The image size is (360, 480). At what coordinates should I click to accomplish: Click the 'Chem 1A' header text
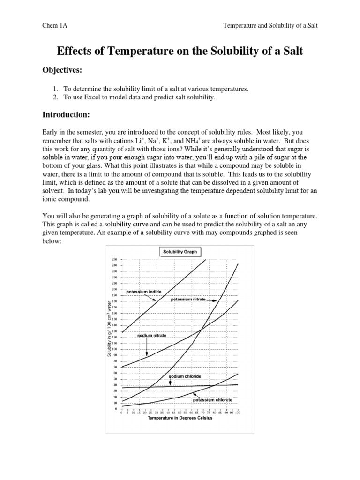(55, 26)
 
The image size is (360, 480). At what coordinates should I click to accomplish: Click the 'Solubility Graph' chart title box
(180, 252)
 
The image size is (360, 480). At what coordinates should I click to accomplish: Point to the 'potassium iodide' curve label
(143, 292)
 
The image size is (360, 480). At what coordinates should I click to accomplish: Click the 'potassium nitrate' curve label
(188, 299)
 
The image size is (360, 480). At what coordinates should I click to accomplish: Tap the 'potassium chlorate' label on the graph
(216, 400)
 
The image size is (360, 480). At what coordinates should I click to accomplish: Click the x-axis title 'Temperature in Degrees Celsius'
(180, 418)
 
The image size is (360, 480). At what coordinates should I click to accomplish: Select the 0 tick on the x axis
(121, 412)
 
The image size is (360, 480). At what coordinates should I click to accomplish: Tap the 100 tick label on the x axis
(237, 412)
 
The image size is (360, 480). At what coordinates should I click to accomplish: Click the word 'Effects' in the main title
(74, 51)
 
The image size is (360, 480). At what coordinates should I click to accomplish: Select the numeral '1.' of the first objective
(55, 89)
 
